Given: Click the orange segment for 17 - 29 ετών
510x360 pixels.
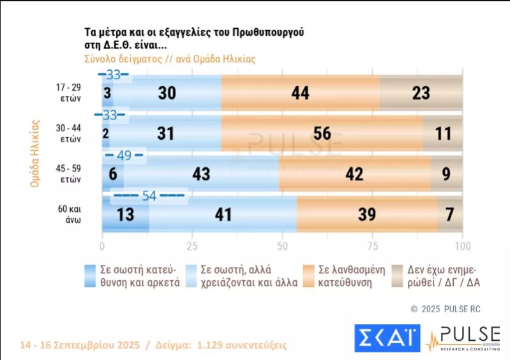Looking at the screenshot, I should coord(300,93).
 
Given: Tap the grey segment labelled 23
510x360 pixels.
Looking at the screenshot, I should coord(421,93).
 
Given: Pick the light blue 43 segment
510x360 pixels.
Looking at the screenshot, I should coord(202,174).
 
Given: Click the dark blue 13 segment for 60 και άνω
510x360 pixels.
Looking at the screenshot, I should coord(126,214).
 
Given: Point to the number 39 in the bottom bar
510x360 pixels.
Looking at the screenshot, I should coord(366,214).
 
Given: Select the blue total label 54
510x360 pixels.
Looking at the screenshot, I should coord(149,195).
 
